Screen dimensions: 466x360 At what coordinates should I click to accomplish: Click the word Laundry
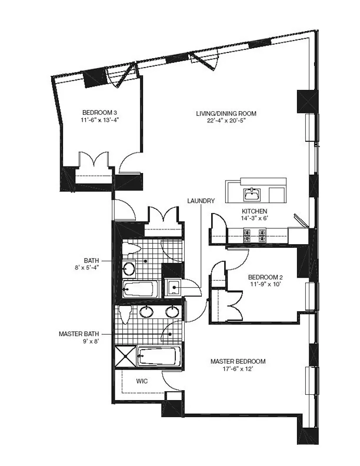(201, 201)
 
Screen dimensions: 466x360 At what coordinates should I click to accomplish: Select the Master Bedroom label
(238, 361)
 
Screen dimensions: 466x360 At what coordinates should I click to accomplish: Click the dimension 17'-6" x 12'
(238, 370)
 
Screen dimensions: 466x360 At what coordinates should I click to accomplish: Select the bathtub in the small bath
(140, 289)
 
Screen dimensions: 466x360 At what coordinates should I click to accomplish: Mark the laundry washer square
(174, 288)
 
